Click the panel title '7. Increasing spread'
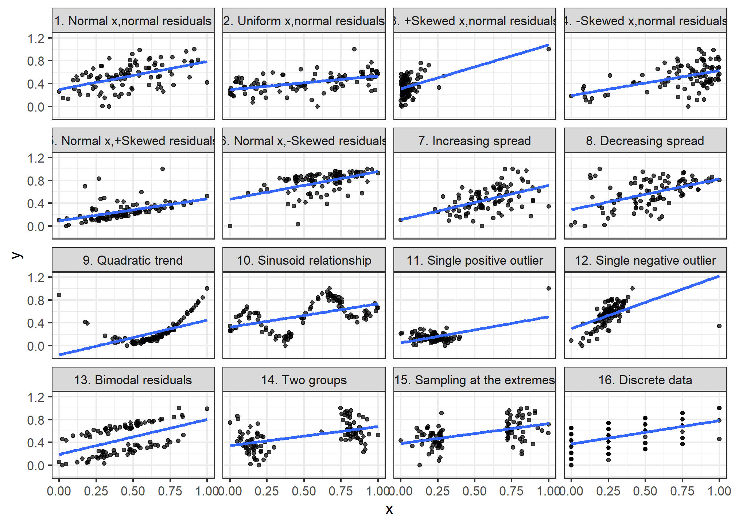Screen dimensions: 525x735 [474, 141]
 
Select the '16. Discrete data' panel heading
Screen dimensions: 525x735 [645, 380]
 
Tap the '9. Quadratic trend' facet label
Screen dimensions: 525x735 [133, 260]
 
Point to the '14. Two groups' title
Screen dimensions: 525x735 [304, 380]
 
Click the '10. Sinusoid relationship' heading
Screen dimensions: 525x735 [304, 260]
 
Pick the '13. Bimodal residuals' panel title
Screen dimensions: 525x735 [133, 380]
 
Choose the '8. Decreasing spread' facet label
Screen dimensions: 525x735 [645, 141]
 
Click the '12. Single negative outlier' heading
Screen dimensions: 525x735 [645, 260]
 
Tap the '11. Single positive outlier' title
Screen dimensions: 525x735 [474, 260]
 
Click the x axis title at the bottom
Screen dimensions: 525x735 [389, 509]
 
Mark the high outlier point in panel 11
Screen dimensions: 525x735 [548, 288]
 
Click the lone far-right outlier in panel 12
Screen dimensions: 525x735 [719, 326]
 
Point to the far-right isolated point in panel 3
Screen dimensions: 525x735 [548, 49]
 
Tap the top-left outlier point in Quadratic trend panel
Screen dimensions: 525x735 [59, 295]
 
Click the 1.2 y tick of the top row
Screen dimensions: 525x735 [35, 38]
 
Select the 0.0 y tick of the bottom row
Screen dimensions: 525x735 [35, 466]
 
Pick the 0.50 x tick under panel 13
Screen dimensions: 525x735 [133, 491]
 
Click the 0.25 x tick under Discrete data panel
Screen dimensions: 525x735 [608, 491]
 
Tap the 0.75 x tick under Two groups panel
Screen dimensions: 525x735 [341, 491]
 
